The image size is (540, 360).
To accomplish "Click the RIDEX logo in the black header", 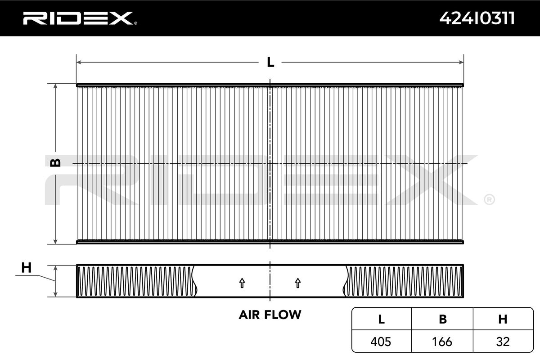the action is [80, 18].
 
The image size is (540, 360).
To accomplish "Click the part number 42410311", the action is [477, 18].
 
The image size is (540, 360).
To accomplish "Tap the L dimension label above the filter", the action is [270, 62].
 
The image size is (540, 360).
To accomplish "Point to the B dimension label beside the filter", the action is [55, 163].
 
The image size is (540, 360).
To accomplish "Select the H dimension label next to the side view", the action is [26, 268].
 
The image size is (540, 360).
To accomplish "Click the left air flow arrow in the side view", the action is [242, 283].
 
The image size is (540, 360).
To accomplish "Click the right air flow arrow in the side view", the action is [298, 283].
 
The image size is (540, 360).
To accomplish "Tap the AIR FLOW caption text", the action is [270, 315].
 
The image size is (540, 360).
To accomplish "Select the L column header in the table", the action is [382, 319].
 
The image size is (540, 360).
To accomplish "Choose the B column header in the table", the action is [443, 319].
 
